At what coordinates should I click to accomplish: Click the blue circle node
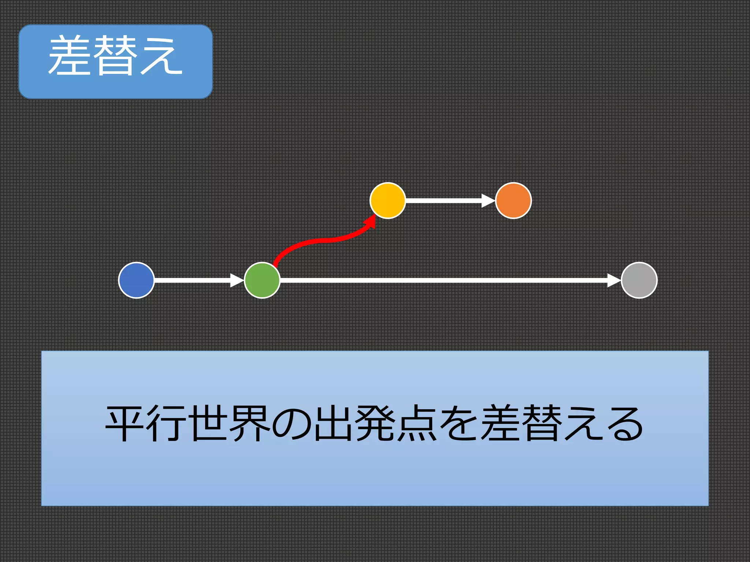136,280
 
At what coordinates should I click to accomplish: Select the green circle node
262,280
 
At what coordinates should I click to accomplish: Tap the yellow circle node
387,201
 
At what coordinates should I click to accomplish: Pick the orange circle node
513,201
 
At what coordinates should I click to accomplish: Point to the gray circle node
639,280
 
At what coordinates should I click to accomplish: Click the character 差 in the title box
70,56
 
